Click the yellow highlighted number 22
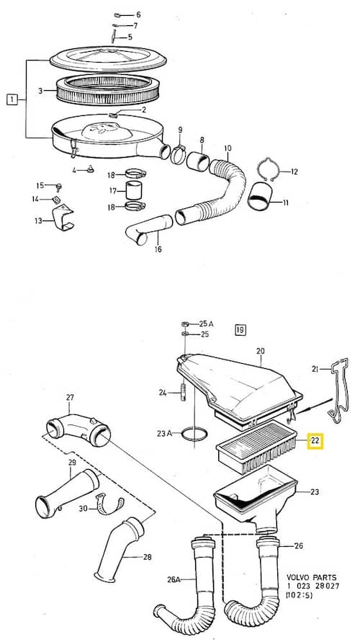(x=315, y=441)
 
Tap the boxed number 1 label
(x=12, y=99)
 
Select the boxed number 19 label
(x=240, y=329)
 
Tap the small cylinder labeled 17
(x=134, y=190)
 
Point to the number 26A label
(x=174, y=579)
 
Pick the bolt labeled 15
(x=58, y=187)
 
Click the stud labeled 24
(x=183, y=392)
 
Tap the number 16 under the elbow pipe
(x=158, y=249)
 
